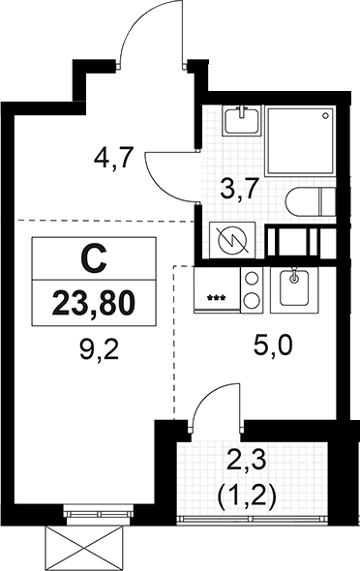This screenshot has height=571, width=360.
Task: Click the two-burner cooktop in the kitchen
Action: (251, 289)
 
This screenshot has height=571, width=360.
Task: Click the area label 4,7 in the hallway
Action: (114, 156)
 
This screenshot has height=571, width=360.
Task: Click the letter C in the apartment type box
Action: (93, 258)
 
